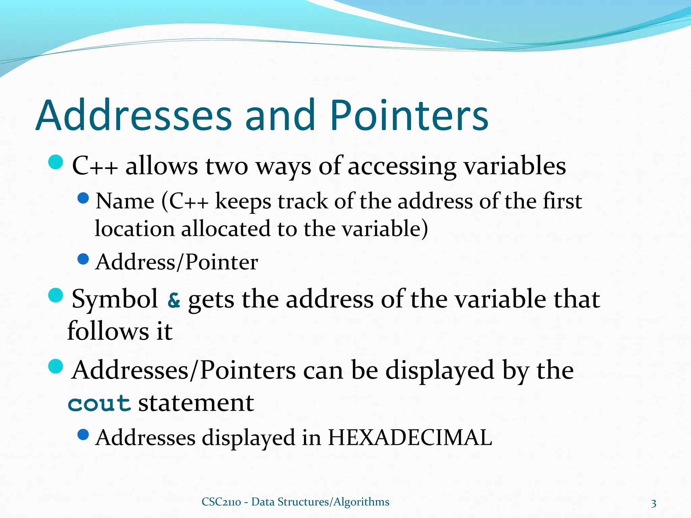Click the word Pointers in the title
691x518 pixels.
[x=409, y=115]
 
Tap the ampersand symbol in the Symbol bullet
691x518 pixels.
[x=174, y=300]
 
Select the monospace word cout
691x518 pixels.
[x=99, y=403]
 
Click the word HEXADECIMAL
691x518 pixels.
[x=410, y=437]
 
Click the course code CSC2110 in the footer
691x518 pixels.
[x=221, y=502]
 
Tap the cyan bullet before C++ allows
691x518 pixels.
[x=56, y=162]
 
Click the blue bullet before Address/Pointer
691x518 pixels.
[x=83, y=259]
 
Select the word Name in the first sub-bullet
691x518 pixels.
[x=125, y=201]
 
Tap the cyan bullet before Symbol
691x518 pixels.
[x=56, y=295]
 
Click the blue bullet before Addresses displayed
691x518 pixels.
[x=83, y=434]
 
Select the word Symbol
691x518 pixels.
[x=115, y=299]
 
